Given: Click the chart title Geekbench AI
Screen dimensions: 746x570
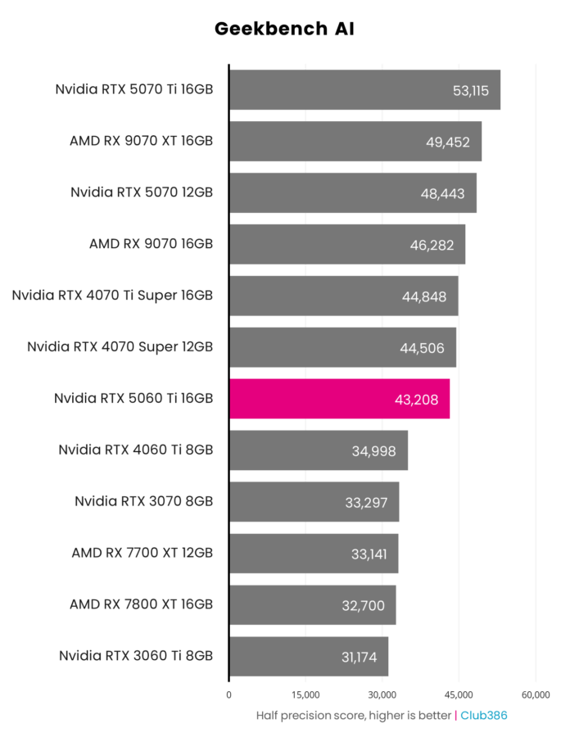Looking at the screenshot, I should (x=284, y=29).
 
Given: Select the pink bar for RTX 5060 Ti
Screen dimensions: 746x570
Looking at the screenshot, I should (x=339, y=399).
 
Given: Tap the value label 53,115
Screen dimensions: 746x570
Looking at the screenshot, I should (x=470, y=91).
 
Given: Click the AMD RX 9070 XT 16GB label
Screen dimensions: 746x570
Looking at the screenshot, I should (x=142, y=141).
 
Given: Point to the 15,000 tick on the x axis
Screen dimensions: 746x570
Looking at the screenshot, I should (x=305, y=694).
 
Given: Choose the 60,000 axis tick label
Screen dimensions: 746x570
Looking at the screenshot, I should (x=536, y=694).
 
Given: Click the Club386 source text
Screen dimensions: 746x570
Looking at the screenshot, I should (x=483, y=716).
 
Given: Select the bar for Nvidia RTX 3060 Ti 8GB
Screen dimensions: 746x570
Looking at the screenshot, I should (x=308, y=656).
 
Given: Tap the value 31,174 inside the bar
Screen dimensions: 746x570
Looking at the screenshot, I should (x=359, y=657).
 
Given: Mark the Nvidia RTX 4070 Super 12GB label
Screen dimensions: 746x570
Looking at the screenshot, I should (x=120, y=347).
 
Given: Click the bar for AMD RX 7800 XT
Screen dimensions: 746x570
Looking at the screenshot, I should (x=312, y=605).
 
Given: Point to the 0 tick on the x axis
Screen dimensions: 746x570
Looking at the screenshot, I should (x=228, y=694).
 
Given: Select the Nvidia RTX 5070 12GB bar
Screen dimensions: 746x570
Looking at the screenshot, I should (x=352, y=193).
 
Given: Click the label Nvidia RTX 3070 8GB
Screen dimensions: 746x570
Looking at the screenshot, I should (x=144, y=501).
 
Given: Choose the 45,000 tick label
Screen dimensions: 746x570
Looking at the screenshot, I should (x=459, y=694).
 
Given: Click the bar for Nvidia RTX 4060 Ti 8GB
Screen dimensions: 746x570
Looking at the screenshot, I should (x=318, y=450).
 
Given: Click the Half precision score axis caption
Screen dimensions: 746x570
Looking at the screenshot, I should (x=354, y=716).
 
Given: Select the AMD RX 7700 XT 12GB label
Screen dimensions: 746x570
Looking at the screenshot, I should (x=142, y=553).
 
